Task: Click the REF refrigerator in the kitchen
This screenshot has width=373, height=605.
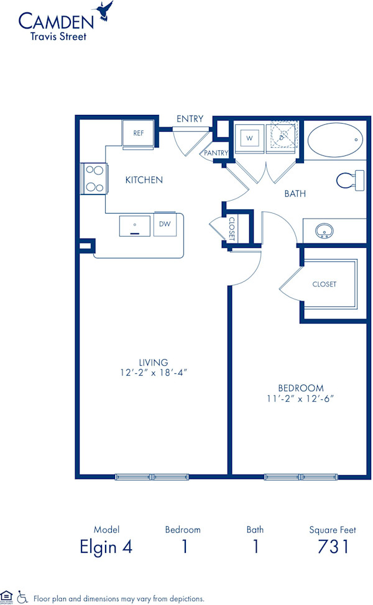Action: (x=138, y=133)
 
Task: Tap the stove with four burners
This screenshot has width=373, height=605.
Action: (x=94, y=178)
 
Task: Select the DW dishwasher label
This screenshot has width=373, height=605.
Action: (x=165, y=224)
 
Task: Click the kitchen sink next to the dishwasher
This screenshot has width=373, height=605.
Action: (x=135, y=225)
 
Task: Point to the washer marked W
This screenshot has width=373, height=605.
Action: (x=249, y=138)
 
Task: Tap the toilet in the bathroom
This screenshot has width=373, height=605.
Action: (x=349, y=180)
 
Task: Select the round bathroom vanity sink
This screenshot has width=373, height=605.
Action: (x=324, y=231)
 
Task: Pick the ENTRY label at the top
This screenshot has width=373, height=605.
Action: (x=190, y=119)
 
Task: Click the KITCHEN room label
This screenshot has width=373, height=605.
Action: (x=144, y=180)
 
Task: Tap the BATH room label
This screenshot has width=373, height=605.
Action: (x=295, y=194)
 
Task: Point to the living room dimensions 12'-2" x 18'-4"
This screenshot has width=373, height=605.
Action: (x=154, y=373)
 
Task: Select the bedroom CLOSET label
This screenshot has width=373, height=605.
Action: (x=324, y=284)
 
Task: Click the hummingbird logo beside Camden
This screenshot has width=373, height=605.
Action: (x=103, y=11)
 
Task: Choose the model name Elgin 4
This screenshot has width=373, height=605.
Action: (x=106, y=547)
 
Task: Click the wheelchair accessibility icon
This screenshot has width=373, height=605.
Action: (x=22, y=598)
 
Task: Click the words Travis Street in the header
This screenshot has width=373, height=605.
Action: (x=59, y=36)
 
